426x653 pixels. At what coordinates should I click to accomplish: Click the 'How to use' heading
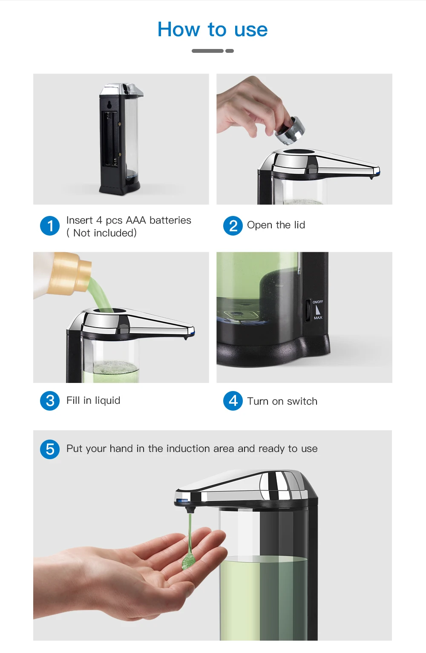point(213,29)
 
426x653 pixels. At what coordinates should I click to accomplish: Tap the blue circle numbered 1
point(50,226)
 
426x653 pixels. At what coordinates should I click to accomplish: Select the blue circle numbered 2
point(233,226)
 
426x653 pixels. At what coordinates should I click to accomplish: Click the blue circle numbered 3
point(50,401)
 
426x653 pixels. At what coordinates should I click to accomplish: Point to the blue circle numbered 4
point(233,401)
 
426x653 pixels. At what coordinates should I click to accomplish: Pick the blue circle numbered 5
point(50,449)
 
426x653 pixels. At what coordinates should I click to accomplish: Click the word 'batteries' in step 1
point(170,220)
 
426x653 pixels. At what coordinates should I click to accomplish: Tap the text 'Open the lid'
point(276,225)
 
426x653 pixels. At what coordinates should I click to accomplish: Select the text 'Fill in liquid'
point(93,400)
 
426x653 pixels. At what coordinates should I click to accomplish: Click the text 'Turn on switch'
point(282,401)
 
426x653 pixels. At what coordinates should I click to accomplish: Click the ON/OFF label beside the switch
point(318,302)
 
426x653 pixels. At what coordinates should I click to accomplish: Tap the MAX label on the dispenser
point(318,317)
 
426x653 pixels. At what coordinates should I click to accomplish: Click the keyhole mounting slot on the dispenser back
point(109,104)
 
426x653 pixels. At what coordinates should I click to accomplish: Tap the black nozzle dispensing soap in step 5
point(190,509)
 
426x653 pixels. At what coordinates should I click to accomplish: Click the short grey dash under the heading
point(230,51)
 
